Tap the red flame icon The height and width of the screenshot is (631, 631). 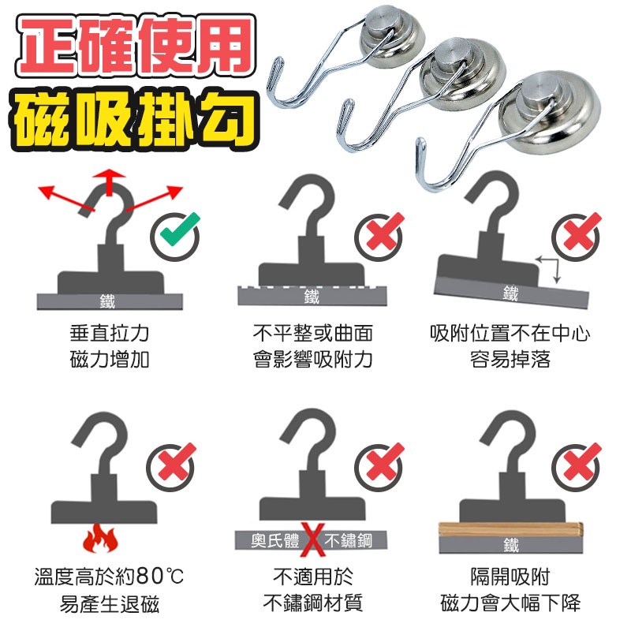101,539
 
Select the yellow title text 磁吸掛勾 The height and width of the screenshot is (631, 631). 134,118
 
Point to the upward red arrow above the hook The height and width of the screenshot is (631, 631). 109,182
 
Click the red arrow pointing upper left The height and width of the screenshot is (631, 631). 66,199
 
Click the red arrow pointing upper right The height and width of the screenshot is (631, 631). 155,198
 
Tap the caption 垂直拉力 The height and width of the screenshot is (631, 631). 110,334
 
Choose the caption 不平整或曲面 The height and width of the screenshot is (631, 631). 312,334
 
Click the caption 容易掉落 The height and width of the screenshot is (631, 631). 510,360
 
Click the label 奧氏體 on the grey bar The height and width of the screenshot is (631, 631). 274,540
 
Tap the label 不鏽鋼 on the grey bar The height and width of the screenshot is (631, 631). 349,540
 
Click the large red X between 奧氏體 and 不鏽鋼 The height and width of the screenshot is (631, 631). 312,540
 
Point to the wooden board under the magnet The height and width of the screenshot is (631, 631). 510,529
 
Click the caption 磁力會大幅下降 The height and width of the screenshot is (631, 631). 510,603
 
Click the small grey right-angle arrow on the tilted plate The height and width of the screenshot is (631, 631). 548,268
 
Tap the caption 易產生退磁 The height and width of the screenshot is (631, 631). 110,604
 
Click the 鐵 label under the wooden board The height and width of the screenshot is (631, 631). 511,545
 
